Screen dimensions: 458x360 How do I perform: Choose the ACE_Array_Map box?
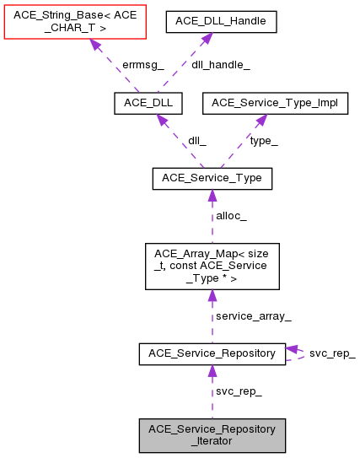click(x=212, y=267)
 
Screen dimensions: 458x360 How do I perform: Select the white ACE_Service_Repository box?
click(x=212, y=354)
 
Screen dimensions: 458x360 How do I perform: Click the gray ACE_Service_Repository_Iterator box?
click(x=212, y=434)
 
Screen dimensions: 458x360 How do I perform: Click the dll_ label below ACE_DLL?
click(x=197, y=141)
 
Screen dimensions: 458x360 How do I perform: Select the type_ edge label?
click(x=264, y=141)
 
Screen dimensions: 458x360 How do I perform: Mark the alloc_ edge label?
click(x=232, y=216)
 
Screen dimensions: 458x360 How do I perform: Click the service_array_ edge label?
click(x=253, y=316)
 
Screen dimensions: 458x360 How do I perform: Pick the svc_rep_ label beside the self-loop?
click(x=332, y=353)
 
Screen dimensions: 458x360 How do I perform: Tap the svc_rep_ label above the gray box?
click(x=239, y=392)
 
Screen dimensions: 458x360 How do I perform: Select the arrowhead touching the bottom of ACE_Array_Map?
click(x=212, y=296)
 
